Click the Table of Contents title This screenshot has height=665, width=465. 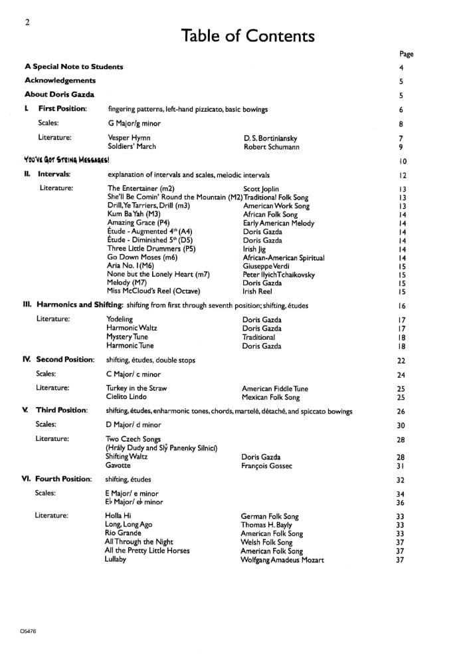(247, 35)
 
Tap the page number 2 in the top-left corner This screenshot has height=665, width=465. (27, 23)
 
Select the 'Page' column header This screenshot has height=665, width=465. (407, 54)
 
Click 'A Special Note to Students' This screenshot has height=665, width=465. (74, 66)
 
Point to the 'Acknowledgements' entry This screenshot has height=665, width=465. (60, 80)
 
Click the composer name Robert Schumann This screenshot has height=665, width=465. (271, 147)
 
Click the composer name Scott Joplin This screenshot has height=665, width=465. (261, 189)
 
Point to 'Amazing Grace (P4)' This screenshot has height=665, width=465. (138, 223)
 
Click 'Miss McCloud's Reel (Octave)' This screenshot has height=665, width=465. (153, 291)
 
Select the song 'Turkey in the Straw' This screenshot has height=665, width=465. (136, 388)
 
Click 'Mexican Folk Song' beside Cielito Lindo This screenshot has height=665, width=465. (270, 398)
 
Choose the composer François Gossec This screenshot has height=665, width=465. (268, 466)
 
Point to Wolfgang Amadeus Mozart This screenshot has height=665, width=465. (282, 560)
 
